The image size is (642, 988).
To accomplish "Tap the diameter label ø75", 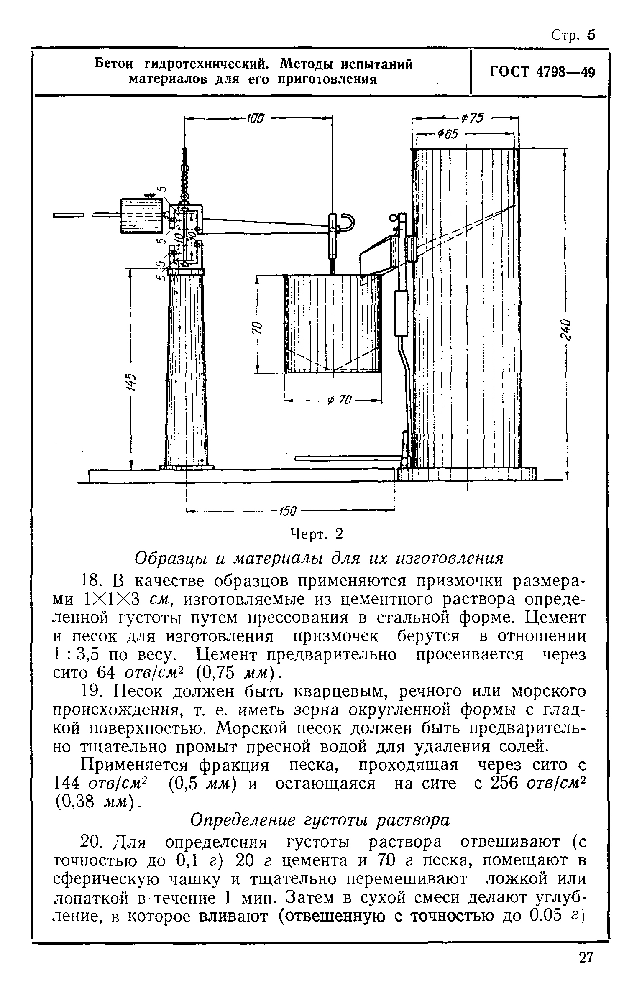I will coord(473,118).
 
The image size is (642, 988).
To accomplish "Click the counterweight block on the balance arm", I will coord(141,216).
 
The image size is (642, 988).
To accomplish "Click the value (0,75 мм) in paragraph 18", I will coord(236,673).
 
